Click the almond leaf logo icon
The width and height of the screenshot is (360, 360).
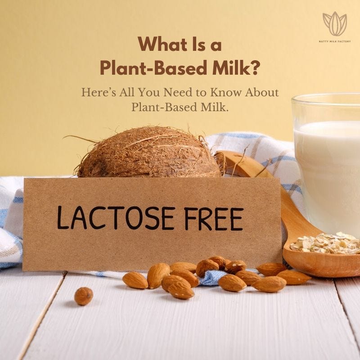[335, 24]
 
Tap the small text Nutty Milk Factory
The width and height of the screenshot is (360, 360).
[335, 41]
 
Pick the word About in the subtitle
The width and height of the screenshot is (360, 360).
[262, 92]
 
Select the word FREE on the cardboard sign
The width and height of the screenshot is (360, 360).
[214, 219]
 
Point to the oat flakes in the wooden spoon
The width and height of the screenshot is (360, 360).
[325, 244]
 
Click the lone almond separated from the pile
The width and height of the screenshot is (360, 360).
[84, 296]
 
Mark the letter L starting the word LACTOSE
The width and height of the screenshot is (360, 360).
[63, 218]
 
